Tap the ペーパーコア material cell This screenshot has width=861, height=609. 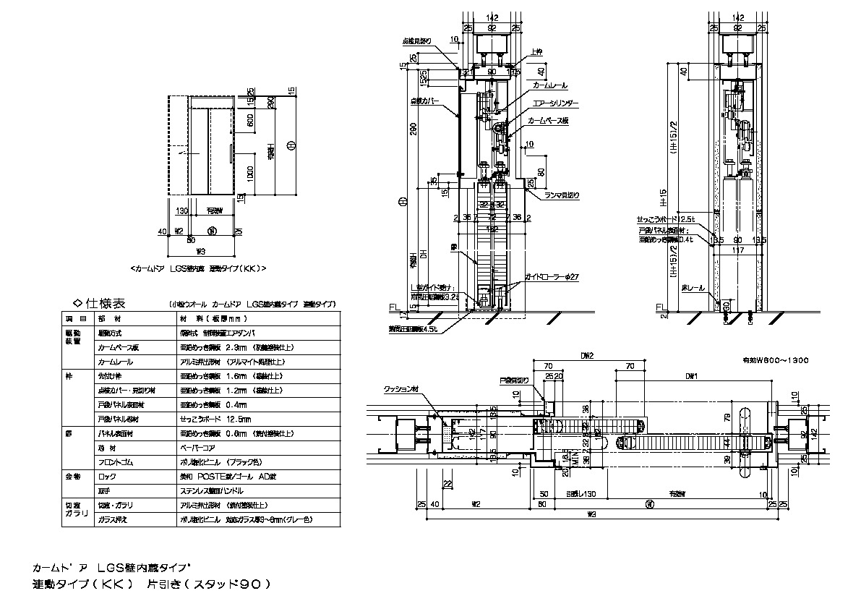[x=197, y=448]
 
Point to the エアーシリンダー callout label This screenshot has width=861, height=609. [x=554, y=103]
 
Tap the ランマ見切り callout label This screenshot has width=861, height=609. [x=560, y=195]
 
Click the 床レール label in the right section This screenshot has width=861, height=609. [x=692, y=287]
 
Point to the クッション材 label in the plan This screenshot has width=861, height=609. [x=400, y=388]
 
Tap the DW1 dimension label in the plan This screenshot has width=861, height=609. [x=692, y=376]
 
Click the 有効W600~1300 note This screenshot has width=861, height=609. [x=775, y=359]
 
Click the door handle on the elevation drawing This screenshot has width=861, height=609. [x=229, y=154]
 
